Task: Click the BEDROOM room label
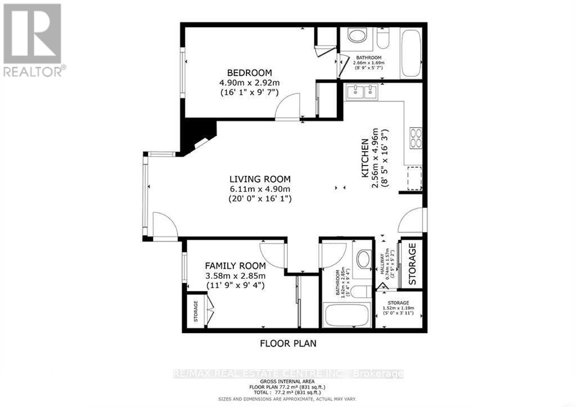point(249,73)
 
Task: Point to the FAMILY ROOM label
point(235,266)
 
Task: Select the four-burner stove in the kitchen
point(416,138)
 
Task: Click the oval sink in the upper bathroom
point(356,37)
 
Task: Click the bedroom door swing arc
point(288,107)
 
